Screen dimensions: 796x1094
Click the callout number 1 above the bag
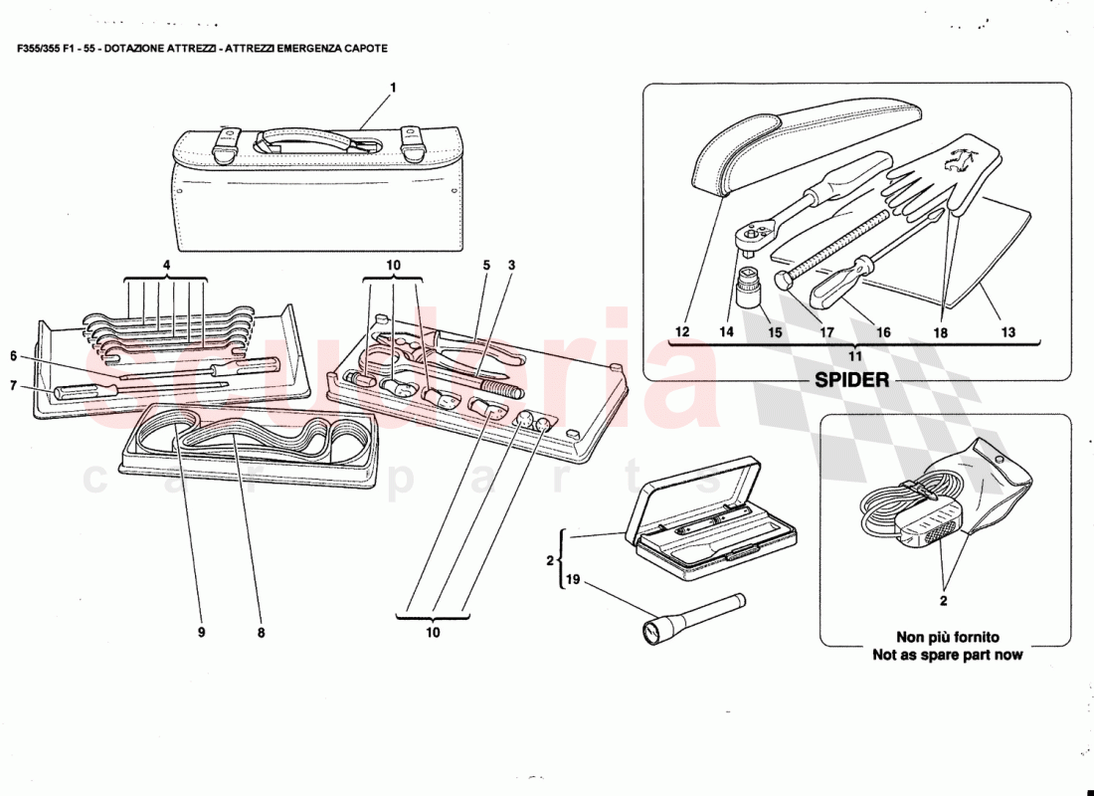click(393, 88)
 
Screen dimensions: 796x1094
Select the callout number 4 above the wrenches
click(166, 265)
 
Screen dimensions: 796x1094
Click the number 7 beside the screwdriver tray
click(14, 384)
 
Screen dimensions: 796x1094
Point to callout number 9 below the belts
click(200, 630)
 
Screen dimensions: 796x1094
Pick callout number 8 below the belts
click(261, 630)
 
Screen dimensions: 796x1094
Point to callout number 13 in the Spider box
click(1007, 332)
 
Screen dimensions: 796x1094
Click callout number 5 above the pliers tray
click(486, 265)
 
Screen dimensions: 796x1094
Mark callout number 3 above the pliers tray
click(511, 265)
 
